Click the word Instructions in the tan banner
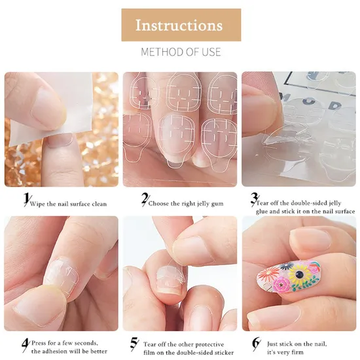(179, 25)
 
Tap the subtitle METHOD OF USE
(181, 52)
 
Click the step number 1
(27, 198)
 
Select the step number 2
(145, 198)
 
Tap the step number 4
(26, 345)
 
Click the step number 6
(256, 344)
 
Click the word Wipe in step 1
(37, 204)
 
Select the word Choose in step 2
(158, 204)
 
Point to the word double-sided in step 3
(304, 203)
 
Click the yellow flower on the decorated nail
(299, 273)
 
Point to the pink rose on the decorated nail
(282, 285)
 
